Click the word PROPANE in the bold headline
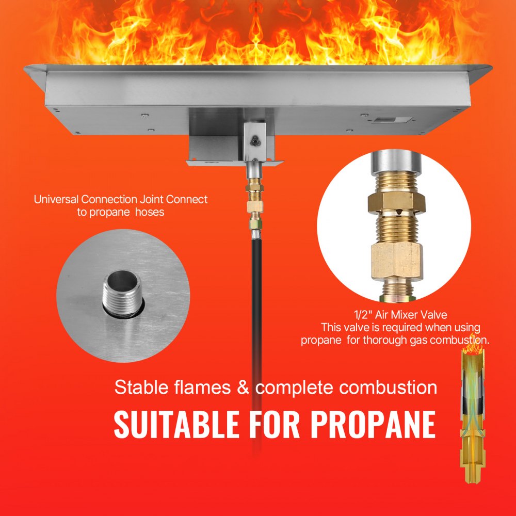(x=370, y=424)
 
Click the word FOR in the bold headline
(x=277, y=424)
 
